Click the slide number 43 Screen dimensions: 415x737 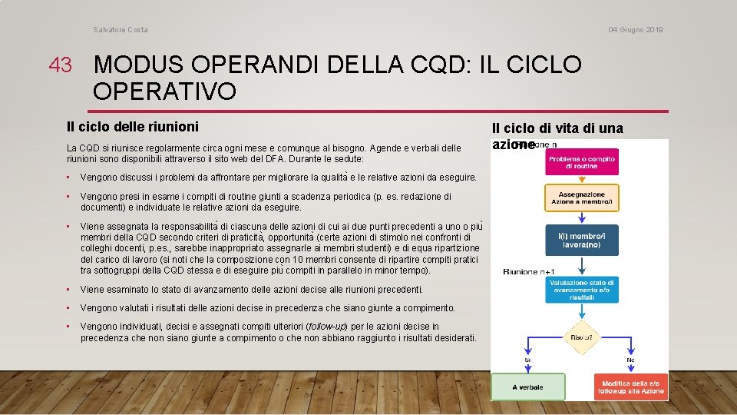click(60, 65)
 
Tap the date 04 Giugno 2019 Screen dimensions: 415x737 click(636, 30)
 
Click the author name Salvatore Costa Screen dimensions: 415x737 click(121, 30)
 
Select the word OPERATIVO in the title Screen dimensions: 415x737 click(164, 91)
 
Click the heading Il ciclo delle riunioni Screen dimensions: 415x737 click(132, 126)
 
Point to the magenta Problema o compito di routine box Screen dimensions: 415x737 click(581, 162)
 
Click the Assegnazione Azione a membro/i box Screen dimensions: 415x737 click(581, 198)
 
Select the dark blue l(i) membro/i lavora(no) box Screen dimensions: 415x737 click(581, 239)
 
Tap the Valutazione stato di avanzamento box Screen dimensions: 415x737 click(581, 290)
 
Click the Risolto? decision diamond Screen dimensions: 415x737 click(581, 337)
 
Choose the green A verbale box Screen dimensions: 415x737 click(527, 387)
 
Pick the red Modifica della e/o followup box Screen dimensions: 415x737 click(630, 387)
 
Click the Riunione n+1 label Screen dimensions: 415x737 click(530, 271)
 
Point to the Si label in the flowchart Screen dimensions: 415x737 click(527, 360)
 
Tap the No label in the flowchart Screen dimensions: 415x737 click(630, 360)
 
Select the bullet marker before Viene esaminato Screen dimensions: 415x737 click(70, 290)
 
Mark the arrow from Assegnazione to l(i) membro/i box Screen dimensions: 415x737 click(581, 217)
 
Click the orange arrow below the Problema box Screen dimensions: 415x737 click(581, 181)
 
